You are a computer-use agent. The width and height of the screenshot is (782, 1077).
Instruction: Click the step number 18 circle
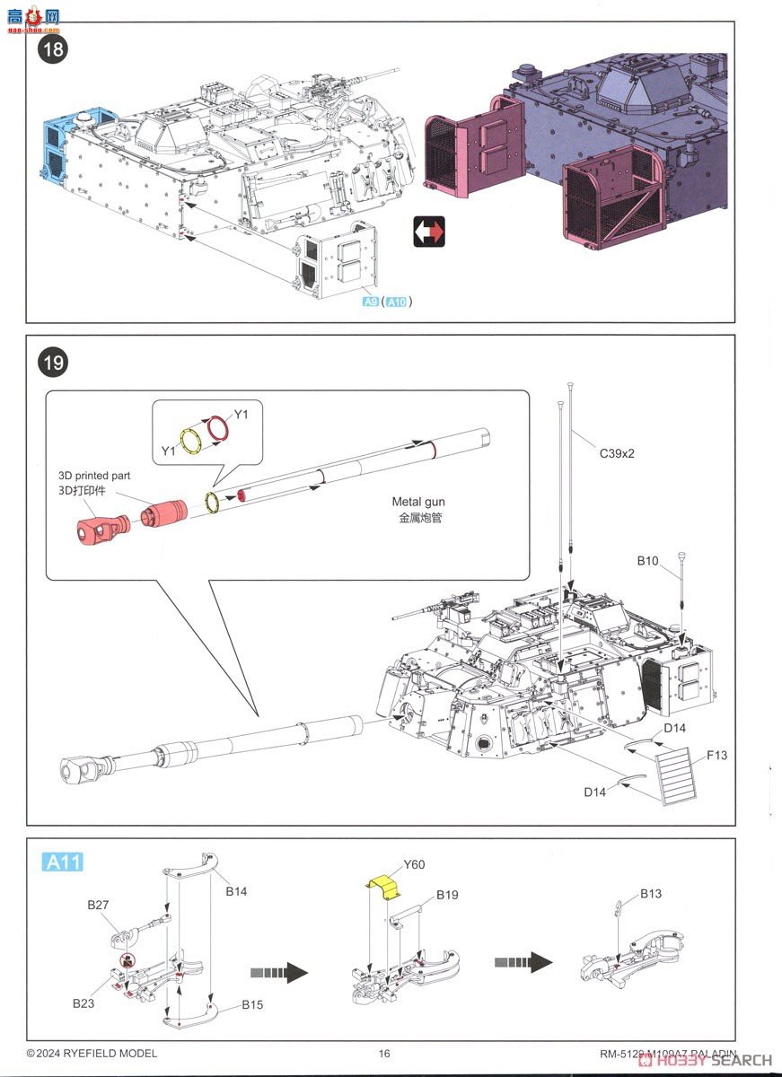tap(54, 48)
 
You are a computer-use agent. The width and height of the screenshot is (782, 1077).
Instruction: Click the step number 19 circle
tap(54, 363)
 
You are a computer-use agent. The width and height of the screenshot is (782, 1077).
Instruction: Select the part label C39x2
tap(617, 453)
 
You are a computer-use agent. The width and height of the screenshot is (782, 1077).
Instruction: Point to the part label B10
tap(648, 561)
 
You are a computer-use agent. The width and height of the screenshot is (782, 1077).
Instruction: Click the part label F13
tap(716, 756)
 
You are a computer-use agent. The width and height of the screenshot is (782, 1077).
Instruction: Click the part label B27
tap(98, 905)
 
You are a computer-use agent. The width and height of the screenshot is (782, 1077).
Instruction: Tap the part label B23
tap(84, 1003)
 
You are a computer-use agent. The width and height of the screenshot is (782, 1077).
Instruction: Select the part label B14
tap(236, 891)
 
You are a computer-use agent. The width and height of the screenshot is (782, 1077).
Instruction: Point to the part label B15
tap(252, 1004)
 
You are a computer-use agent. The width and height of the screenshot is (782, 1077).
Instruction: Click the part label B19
tap(448, 895)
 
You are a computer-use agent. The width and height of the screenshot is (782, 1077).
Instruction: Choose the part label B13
tap(651, 894)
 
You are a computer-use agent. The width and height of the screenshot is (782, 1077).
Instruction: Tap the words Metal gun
tap(417, 502)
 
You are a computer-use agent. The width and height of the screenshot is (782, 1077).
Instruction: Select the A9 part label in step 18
tap(371, 302)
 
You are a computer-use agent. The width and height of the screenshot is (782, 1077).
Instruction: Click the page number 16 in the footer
tap(384, 1053)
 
